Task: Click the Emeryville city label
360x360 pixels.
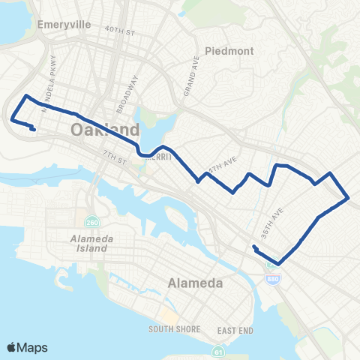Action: pyautogui.click(x=63, y=25)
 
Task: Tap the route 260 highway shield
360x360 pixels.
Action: pyautogui.click(x=92, y=223)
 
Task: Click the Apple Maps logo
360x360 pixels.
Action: pyautogui.click(x=26, y=347)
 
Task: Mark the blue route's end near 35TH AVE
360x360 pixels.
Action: pyautogui.click(x=254, y=247)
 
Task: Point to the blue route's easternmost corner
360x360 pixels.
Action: pyautogui.click(x=349, y=198)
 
